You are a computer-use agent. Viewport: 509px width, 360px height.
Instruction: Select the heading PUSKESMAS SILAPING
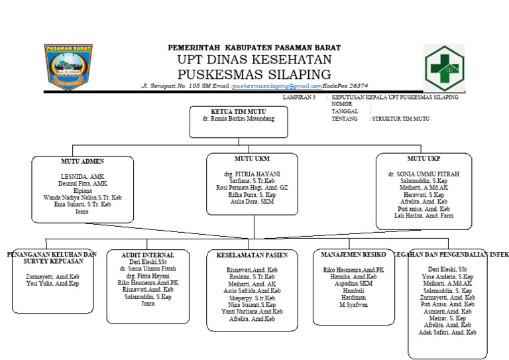click(x=254, y=73)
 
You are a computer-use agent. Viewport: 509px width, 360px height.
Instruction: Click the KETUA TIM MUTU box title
click(x=238, y=111)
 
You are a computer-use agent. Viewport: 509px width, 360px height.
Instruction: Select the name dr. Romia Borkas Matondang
click(x=238, y=119)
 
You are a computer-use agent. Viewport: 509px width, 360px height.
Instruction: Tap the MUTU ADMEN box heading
click(x=82, y=161)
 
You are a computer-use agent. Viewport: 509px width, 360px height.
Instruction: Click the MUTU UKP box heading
click(x=424, y=159)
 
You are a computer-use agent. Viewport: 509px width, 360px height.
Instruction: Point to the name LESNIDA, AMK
click(x=82, y=176)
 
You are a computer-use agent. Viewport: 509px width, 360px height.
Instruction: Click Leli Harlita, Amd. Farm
click(x=424, y=216)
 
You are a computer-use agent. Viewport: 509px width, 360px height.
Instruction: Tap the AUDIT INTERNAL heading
click(x=148, y=255)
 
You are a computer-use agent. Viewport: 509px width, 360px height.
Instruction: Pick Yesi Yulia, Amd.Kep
click(x=52, y=284)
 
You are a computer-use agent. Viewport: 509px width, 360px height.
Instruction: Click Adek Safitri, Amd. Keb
click(x=443, y=333)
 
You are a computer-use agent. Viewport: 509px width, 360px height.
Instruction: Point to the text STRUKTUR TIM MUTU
click(x=401, y=119)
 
